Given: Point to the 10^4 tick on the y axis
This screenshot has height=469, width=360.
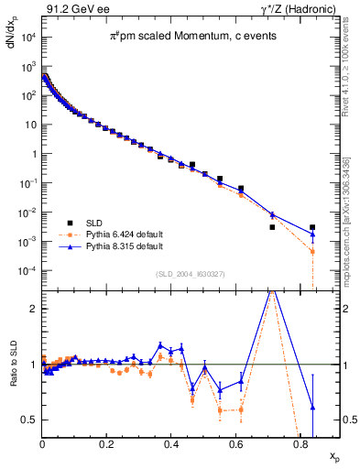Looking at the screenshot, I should [29, 37].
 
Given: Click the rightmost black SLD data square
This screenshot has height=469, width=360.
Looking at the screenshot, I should [312, 227].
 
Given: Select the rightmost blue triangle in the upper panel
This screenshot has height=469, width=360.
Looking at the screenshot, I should [312, 234].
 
